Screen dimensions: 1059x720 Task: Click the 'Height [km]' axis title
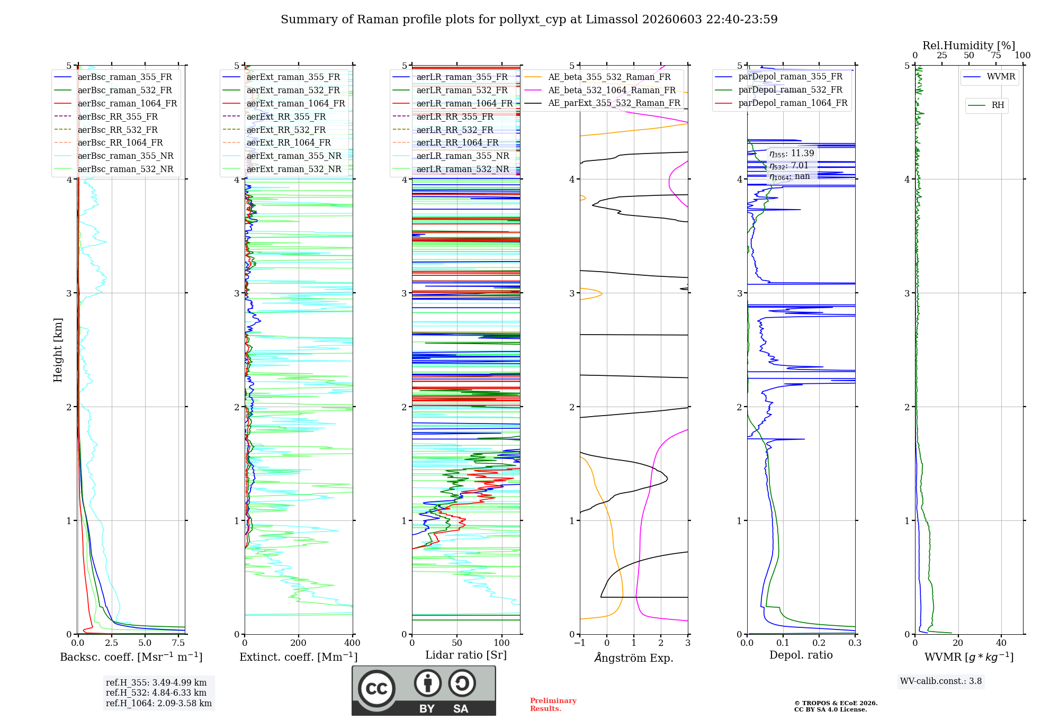(58, 350)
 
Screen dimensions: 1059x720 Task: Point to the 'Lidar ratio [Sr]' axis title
(466, 655)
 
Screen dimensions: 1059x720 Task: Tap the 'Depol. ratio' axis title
(801, 655)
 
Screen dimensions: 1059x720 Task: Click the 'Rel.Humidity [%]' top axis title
(969, 46)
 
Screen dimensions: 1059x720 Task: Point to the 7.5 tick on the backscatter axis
(178, 643)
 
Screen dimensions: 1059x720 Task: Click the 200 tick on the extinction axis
(299, 643)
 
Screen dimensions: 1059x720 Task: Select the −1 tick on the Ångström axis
(580, 643)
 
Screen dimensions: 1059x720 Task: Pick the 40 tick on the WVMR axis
(1001, 643)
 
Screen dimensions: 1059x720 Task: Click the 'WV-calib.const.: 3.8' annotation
(941, 681)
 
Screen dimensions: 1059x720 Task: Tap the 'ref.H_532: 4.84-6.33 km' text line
(156, 692)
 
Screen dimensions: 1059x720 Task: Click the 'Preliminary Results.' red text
(553, 705)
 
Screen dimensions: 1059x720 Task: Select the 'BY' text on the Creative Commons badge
(427, 709)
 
